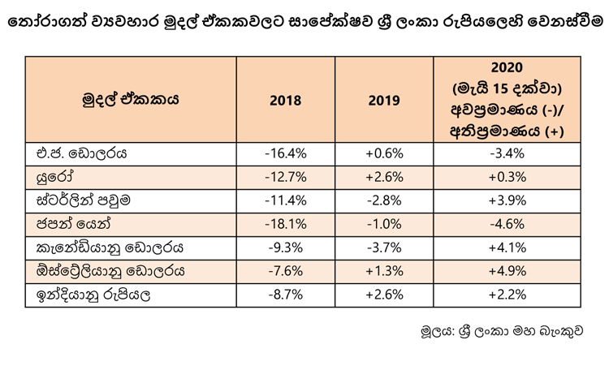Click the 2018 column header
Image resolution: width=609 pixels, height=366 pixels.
[286, 101]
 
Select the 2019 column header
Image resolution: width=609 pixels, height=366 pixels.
[384, 101]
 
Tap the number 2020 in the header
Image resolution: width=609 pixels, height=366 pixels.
[507, 67]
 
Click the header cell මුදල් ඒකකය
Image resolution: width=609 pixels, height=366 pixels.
[131, 99]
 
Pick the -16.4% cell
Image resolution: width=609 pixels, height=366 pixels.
[286, 153]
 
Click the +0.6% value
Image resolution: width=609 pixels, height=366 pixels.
[384, 153]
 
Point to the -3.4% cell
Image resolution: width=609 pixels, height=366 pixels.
[507, 153]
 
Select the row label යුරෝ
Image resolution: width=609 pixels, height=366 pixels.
[54, 178]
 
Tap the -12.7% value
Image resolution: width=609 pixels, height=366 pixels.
[286, 178]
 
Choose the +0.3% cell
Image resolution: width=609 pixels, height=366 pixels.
[507, 178]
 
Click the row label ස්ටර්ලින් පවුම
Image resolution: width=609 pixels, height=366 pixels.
[83, 200]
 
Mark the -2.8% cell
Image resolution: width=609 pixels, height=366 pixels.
[384, 200]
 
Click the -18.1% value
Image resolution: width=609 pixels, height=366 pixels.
[286, 224]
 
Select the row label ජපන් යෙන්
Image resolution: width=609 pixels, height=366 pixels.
[73, 224]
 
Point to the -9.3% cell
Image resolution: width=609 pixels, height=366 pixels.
[286, 248]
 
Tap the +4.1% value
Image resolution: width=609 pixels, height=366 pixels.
[507, 248]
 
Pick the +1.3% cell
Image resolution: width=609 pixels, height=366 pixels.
[384, 271]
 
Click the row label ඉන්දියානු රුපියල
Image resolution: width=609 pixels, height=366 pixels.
[93, 295]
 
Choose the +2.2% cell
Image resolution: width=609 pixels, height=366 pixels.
[507, 295]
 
